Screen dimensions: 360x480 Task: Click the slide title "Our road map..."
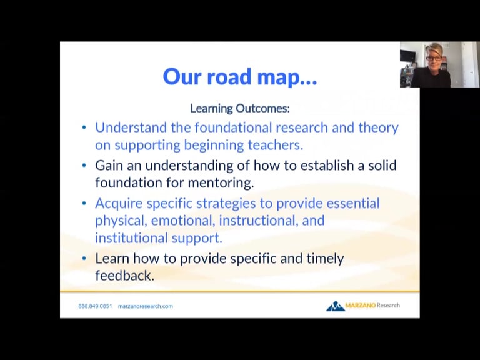click(x=240, y=76)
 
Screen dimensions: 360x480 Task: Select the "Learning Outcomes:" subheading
click(x=240, y=108)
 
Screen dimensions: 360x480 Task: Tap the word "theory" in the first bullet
click(x=377, y=127)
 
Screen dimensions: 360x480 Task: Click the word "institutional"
click(x=131, y=238)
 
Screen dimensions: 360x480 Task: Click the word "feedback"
click(x=123, y=276)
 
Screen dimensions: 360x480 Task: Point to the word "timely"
click(x=322, y=258)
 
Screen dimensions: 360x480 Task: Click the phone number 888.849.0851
click(x=95, y=306)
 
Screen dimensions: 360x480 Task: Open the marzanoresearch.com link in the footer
click(x=145, y=306)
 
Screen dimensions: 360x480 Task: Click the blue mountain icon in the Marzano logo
click(x=336, y=306)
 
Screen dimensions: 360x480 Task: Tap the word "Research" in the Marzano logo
click(x=388, y=306)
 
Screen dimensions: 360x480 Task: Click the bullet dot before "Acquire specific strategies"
click(x=84, y=204)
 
